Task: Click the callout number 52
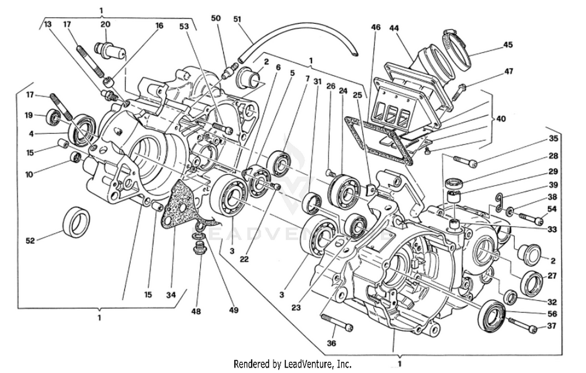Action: [x=30, y=241]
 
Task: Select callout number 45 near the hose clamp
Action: [x=507, y=45]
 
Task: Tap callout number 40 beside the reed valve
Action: [x=501, y=118]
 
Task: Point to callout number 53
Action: [x=184, y=26]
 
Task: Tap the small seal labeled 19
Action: [x=53, y=116]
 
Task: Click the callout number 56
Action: [x=552, y=314]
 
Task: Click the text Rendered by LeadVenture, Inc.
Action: [x=292, y=364]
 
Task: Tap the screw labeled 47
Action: [x=457, y=92]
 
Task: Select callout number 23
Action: [x=296, y=308]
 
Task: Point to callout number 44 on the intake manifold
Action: [x=394, y=28]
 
